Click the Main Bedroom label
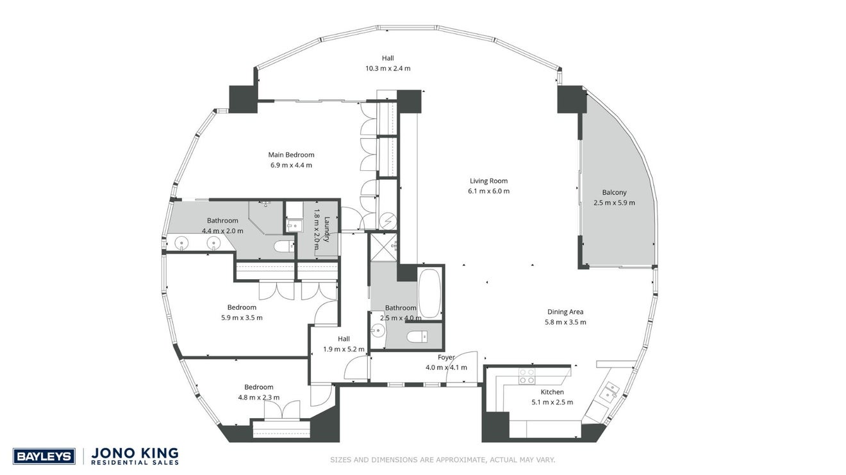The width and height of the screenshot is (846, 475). (291, 155)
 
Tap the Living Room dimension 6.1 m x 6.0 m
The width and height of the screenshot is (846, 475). (489, 191)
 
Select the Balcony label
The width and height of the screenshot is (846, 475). (614, 193)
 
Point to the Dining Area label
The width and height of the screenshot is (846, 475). (565, 312)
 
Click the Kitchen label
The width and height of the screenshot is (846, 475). (552, 392)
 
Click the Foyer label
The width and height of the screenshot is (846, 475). (446, 357)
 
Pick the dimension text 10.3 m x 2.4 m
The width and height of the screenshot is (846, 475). (388, 68)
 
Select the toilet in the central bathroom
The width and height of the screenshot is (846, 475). (417, 337)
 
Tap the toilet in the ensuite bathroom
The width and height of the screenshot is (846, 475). (284, 246)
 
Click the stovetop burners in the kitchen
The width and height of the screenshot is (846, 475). (526, 376)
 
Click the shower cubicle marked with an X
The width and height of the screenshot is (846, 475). (383, 247)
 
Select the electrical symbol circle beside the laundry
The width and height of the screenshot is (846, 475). (388, 221)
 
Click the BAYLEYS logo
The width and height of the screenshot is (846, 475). (44, 456)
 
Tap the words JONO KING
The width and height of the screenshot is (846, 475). (135, 453)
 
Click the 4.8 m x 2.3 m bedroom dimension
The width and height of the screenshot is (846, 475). (259, 398)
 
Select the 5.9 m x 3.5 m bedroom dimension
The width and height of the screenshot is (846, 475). (242, 318)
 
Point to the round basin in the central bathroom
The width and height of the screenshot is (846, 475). (377, 331)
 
